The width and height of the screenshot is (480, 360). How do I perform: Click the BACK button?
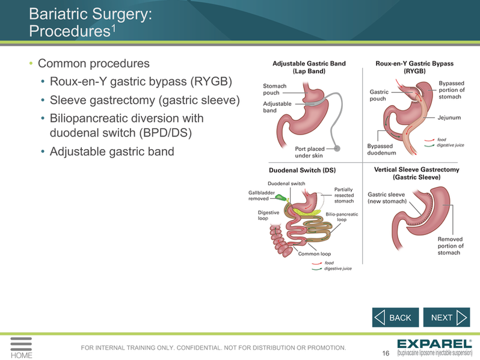tap(395, 317)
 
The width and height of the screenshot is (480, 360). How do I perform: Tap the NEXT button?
tap(447, 317)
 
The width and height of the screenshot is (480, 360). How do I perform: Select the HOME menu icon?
tap(21, 348)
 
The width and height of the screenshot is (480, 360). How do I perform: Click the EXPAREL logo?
tap(435, 347)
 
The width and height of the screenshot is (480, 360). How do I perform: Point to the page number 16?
tap(386, 353)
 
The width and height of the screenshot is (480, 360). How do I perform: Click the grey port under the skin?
tap(337, 148)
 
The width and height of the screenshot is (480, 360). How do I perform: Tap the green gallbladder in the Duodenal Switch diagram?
tap(280, 197)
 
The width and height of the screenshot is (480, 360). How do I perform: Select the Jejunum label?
tap(449, 117)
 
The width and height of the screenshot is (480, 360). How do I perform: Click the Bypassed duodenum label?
tap(381, 149)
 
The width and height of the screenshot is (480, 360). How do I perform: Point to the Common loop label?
tap(315, 254)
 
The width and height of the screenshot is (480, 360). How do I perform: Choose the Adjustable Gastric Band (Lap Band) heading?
tap(309, 67)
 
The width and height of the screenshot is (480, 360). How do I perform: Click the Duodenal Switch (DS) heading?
tap(302, 170)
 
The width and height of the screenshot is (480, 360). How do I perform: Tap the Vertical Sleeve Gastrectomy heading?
tap(417, 174)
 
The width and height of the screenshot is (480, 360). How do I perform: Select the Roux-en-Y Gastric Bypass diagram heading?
tap(414, 67)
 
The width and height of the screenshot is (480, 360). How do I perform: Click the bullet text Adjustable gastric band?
tap(112, 151)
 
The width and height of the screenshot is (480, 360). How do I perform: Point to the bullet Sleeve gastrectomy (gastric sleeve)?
tap(145, 100)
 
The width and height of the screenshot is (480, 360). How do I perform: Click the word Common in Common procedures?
tap(62, 64)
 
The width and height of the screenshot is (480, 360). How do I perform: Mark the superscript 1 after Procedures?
tap(113, 28)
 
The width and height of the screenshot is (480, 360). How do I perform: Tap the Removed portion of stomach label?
tap(451, 246)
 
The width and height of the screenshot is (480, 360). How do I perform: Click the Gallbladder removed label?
tap(262, 195)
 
